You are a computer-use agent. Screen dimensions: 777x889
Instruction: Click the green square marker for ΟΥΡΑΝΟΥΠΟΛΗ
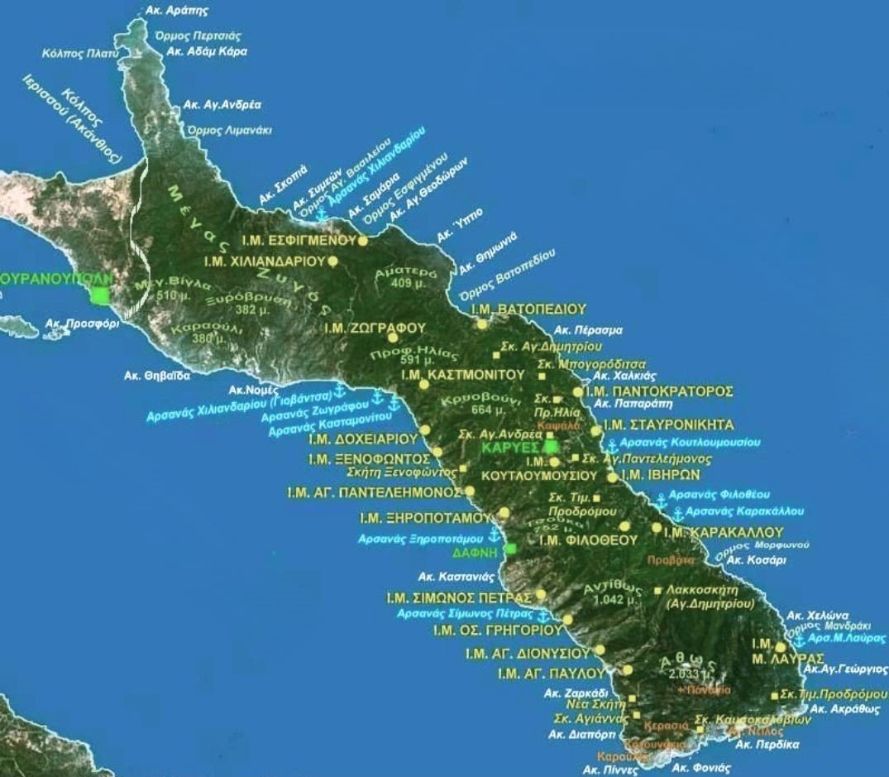101,295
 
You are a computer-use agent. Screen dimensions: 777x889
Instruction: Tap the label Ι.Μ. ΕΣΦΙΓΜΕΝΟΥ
298,241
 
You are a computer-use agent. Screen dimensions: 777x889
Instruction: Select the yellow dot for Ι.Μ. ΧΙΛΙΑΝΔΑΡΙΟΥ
332,261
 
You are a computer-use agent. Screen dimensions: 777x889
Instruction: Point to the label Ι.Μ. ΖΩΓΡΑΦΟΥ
375,329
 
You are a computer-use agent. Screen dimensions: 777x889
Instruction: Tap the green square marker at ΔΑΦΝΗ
511,549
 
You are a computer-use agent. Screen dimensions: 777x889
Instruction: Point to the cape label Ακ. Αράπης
176,12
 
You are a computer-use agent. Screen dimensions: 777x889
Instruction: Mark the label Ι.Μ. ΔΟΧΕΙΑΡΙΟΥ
362,438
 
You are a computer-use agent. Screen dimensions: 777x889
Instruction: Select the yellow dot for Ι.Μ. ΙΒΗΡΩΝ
612,477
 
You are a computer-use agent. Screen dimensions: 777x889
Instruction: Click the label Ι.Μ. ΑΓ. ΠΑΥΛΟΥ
552,673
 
